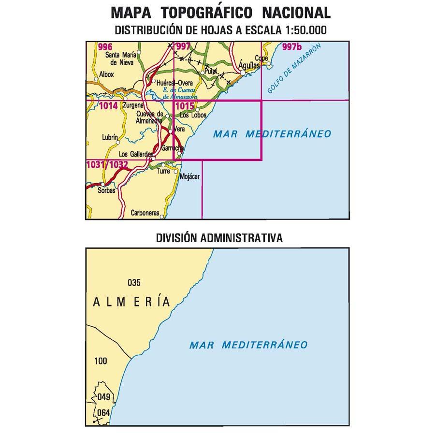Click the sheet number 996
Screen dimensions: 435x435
click(x=105, y=47)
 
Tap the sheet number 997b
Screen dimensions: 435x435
click(x=292, y=47)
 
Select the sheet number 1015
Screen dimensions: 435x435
click(x=185, y=106)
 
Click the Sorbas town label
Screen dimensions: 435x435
click(x=106, y=190)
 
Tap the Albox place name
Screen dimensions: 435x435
click(x=106, y=75)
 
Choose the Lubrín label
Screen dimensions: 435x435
click(x=110, y=138)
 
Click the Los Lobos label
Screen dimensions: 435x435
click(x=193, y=116)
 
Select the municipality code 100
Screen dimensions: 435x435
click(x=101, y=361)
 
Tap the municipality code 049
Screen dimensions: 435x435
click(x=104, y=397)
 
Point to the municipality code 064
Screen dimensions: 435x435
click(x=104, y=413)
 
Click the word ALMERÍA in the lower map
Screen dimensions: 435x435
click(x=131, y=302)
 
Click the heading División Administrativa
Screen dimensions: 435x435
click(x=219, y=238)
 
